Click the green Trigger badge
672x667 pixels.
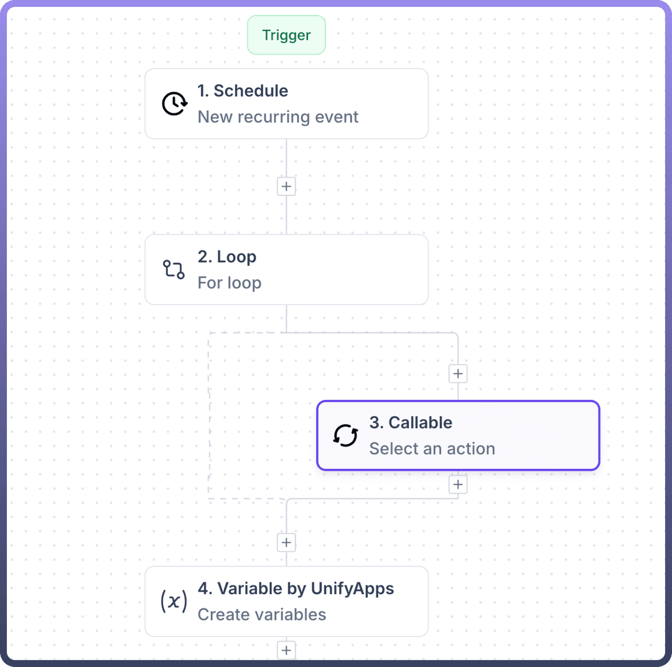pyautogui.click(x=286, y=35)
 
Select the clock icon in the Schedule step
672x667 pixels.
pyautogui.click(x=174, y=103)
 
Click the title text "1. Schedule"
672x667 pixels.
pyautogui.click(x=243, y=91)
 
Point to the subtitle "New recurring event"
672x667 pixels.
pyautogui.click(x=278, y=117)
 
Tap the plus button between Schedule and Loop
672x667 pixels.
pyautogui.click(x=286, y=186)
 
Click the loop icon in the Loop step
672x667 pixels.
pyautogui.click(x=174, y=270)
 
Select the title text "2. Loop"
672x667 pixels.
pyautogui.click(x=226, y=257)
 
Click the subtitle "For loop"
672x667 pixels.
pyautogui.click(x=229, y=283)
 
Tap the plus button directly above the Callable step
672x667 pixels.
pyautogui.click(x=458, y=374)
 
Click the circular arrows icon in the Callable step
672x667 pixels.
pyautogui.click(x=345, y=435)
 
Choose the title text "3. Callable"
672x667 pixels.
pyautogui.click(x=411, y=422)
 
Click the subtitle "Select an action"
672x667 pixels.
pyautogui.click(x=432, y=448)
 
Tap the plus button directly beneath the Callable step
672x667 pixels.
pyautogui.click(x=458, y=485)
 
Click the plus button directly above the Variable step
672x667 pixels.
pyautogui.click(x=286, y=542)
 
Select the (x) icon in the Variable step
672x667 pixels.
pyautogui.click(x=174, y=602)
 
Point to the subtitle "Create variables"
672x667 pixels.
pyautogui.click(x=261, y=615)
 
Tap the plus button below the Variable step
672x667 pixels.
pyautogui.click(x=286, y=650)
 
